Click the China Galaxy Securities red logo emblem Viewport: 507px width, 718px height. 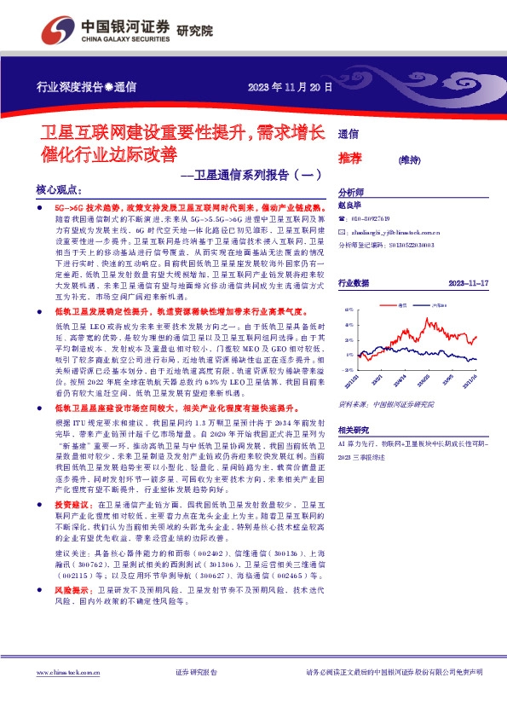click(54, 30)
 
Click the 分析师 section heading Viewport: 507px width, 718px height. click(351, 192)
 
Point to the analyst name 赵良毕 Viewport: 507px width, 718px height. click(351, 206)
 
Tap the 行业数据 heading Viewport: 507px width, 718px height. click(354, 282)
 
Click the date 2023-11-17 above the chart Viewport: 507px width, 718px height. click(467, 282)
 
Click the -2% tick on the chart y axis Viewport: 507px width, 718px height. click(348, 370)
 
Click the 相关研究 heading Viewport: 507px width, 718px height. click(354, 432)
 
